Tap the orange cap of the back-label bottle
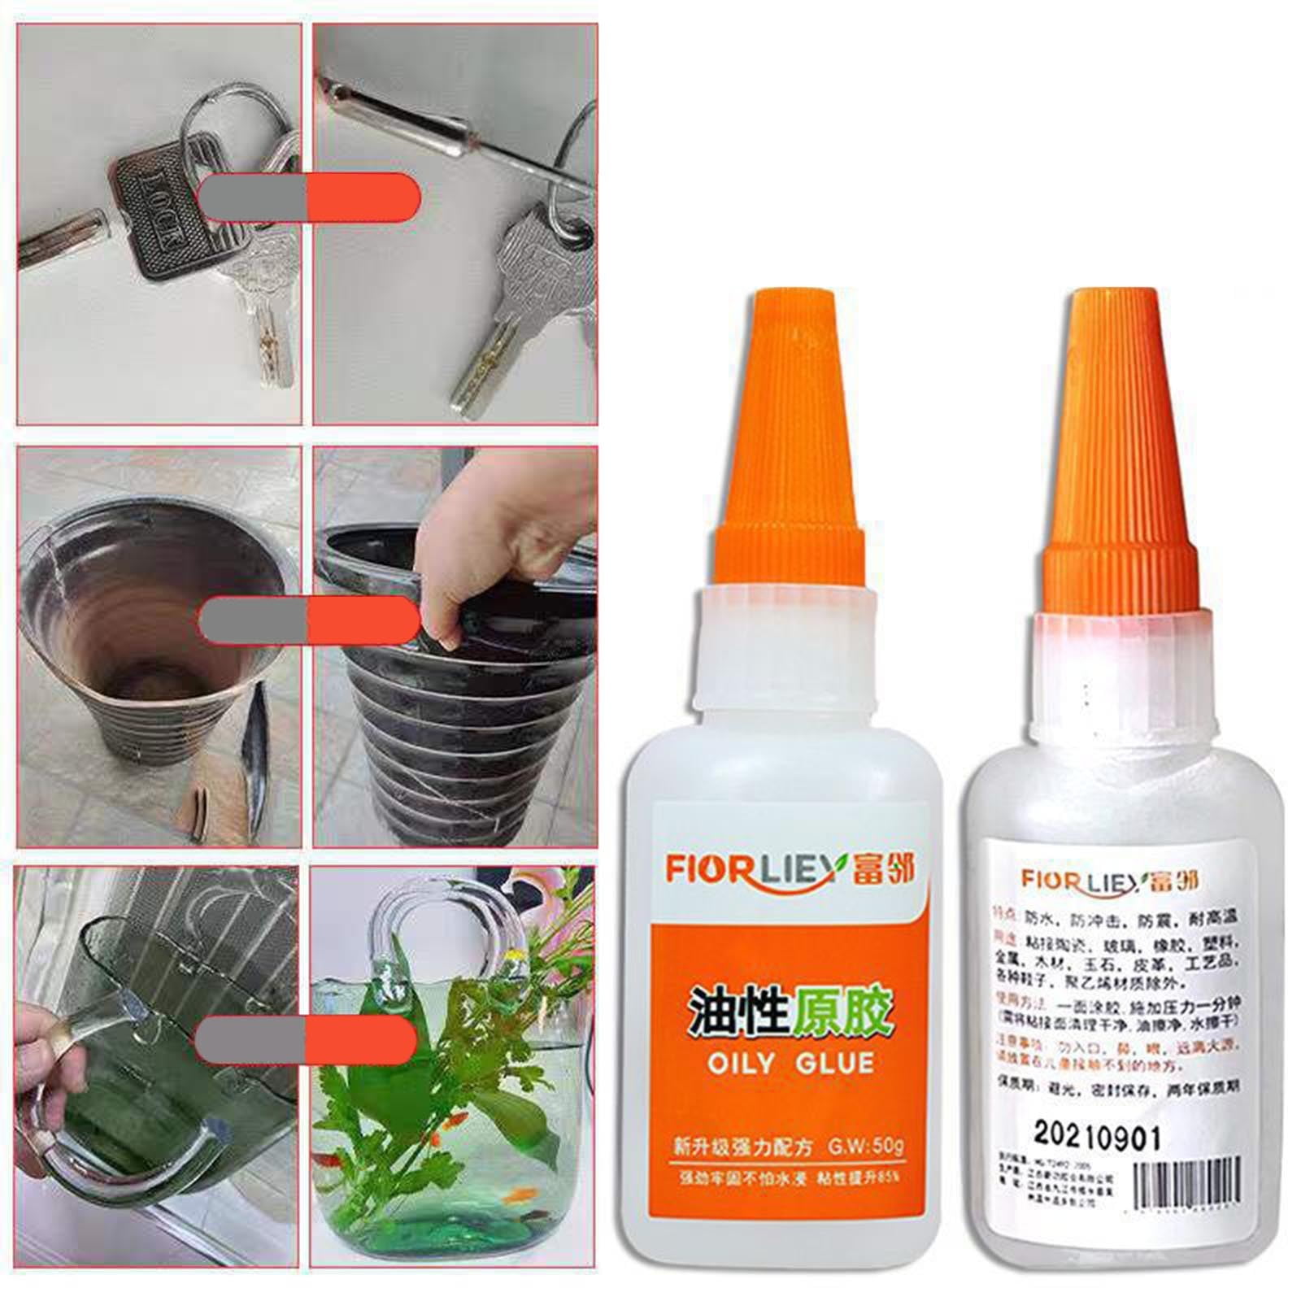[x=1119, y=455]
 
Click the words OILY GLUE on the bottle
[x=790, y=1064]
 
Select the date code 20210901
[x=1097, y=1136]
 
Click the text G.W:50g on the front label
[x=865, y=1147]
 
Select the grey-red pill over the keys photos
[x=309, y=197]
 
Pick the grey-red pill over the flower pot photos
[x=309, y=620]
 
